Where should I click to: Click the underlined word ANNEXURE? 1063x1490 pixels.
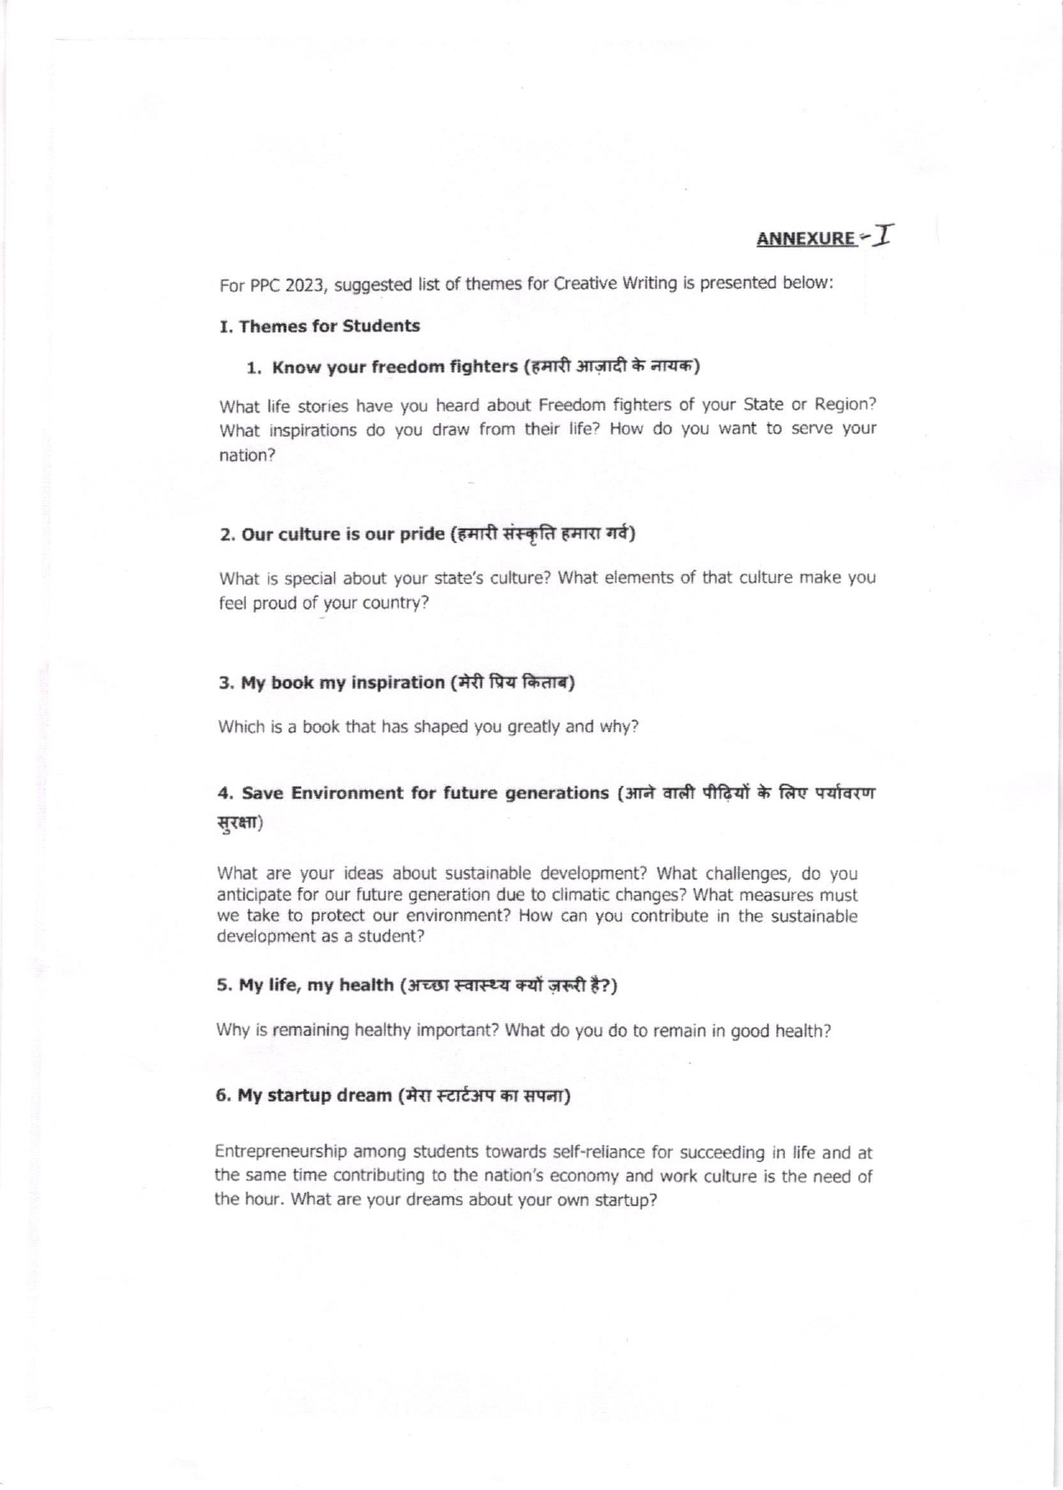coord(804,238)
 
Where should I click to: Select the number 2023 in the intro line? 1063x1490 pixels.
coord(304,285)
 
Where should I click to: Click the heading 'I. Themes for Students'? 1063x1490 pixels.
coord(320,326)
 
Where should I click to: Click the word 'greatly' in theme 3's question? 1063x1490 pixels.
coord(534,727)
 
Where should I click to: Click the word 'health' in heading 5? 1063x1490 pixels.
coord(366,985)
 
